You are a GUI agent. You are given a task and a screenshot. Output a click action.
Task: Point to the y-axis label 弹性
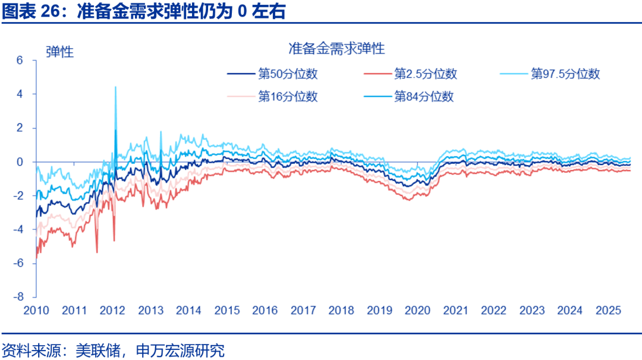point(59,52)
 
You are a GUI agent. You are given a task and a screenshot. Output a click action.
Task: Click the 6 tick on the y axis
point(20,61)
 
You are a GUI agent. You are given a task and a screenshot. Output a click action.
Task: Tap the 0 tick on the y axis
point(20,162)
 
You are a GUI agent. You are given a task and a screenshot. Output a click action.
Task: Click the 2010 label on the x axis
point(36,311)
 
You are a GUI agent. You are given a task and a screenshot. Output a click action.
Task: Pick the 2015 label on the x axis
point(226,311)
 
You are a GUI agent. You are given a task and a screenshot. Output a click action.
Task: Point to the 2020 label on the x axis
point(417,311)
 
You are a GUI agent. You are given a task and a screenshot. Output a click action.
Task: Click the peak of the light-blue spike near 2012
point(115,87)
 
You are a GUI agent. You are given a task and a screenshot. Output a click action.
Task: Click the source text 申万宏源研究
point(181,350)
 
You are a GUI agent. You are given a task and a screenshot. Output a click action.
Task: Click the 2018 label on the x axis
point(341,311)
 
